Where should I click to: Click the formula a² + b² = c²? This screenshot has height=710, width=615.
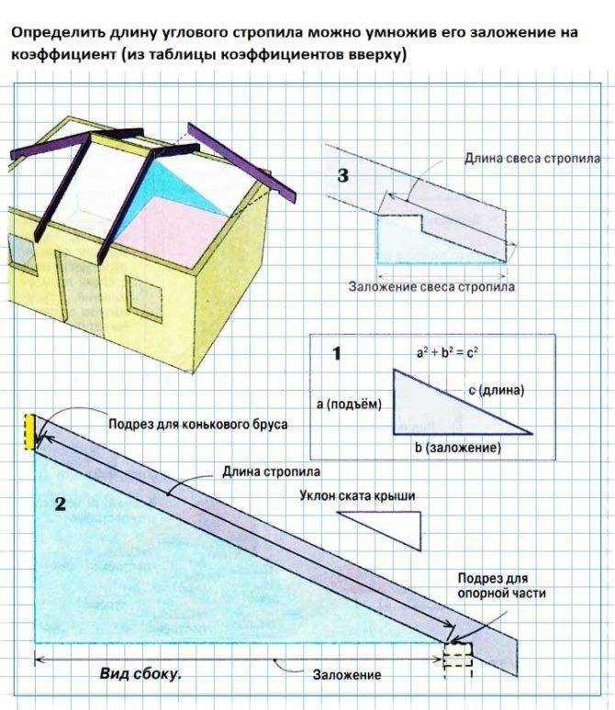pyautogui.click(x=447, y=352)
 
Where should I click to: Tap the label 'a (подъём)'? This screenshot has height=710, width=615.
pyautogui.click(x=349, y=404)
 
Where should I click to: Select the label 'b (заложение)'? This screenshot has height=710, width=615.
pyautogui.click(x=458, y=448)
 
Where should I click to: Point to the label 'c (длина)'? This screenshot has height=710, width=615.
pyautogui.click(x=497, y=390)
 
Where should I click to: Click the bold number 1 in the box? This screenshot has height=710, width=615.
pyautogui.click(x=337, y=353)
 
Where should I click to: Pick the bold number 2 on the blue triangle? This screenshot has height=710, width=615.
pyautogui.click(x=61, y=504)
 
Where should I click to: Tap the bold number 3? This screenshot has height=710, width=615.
pyautogui.click(x=343, y=175)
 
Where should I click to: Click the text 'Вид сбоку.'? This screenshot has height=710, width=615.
pyautogui.click(x=140, y=674)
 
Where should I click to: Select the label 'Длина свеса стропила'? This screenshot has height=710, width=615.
pyautogui.click(x=532, y=158)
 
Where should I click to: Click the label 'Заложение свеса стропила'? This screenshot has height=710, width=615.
pyautogui.click(x=431, y=286)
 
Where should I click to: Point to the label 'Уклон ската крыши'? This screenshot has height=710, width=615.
pyautogui.click(x=357, y=496)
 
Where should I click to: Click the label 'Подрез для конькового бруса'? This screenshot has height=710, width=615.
pyautogui.click(x=197, y=425)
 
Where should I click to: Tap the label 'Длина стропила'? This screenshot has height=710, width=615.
pyautogui.click(x=271, y=471)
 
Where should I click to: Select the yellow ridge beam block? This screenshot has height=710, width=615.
pyautogui.click(x=29, y=431)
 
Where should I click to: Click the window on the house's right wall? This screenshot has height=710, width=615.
pyautogui.click(x=144, y=299)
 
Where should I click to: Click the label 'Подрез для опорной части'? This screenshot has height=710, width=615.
pyautogui.click(x=501, y=586)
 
